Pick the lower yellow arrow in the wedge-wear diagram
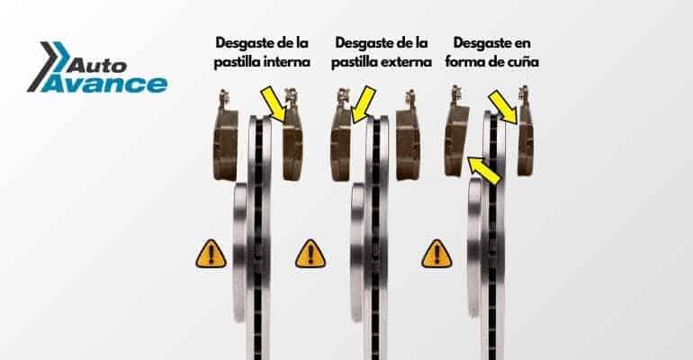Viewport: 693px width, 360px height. click(483, 170)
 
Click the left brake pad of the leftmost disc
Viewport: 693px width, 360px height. click(223, 139)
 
